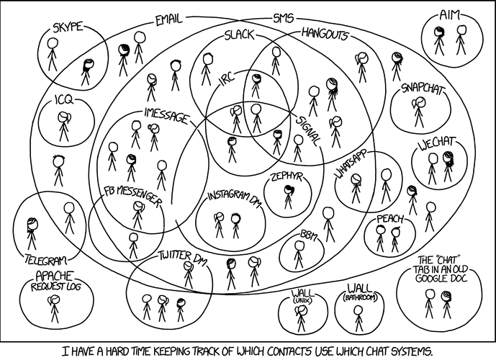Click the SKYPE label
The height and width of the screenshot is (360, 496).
point(68,27)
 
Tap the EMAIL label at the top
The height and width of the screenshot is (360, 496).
point(169,20)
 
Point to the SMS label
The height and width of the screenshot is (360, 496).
point(284,18)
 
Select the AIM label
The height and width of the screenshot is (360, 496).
point(449,15)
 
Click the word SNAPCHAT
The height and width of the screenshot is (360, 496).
point(422,89)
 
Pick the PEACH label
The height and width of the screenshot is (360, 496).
point(390,219)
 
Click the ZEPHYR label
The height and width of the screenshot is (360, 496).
point(287,177)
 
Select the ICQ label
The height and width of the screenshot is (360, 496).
point(63,100)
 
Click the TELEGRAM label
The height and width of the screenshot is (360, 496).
point(46,260)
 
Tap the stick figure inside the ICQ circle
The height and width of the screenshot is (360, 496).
point(64,127)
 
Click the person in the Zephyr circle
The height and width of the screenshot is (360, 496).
point(289,197)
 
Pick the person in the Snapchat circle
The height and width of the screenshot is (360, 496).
point(418,112)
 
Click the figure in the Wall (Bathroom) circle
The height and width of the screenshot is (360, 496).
point(358,318)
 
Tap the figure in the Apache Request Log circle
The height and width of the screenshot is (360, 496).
point(54,309)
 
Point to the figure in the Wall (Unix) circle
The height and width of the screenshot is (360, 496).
point(301,319)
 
